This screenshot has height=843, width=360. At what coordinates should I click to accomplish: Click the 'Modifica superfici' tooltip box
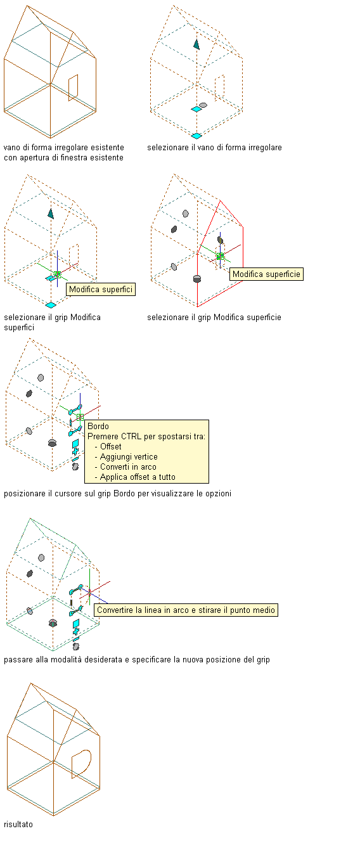pos(100,289)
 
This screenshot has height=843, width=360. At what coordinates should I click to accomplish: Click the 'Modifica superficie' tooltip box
pos(266,274)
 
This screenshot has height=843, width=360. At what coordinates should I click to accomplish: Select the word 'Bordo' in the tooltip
pos(98,426)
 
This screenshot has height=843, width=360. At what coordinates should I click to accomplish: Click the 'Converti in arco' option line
pos(125,467)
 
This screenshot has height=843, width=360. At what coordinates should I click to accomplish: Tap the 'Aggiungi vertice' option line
pos(126,456)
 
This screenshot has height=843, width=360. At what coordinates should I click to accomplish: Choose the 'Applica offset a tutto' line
pos(135,477)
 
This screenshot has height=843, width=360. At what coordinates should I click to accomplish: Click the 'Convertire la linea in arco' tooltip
pos(186,610)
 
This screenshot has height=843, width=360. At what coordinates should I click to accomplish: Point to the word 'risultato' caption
pos(18,824)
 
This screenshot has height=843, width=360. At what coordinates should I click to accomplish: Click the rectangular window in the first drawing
pos(74,87)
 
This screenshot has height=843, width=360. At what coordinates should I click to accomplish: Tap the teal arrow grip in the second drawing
pos(196,44)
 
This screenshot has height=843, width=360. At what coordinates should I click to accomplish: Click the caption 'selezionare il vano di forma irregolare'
pos(214,147)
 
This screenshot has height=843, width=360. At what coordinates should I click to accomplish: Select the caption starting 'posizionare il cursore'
pos(117,493)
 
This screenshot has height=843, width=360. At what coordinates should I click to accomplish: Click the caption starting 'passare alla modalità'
pos(137,659)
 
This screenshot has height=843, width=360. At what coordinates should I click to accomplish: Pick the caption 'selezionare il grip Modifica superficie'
pos(214,318)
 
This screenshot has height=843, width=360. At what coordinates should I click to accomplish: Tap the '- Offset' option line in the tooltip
pos(108,446)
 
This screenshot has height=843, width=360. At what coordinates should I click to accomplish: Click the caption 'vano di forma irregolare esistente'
pos(64,147)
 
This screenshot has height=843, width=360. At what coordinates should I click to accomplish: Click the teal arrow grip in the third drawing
pos(51,214)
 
